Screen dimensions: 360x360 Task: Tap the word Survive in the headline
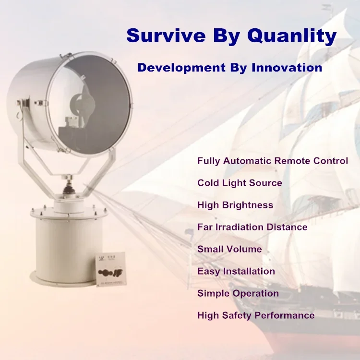click(x=166, y=36)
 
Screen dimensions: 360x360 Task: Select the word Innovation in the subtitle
click(x=287, y=68)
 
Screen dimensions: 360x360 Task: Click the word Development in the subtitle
click(x=181, y=68)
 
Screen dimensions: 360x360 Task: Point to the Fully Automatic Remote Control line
click(x=273, y=161)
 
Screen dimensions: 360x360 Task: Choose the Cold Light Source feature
click(x=240, y=183)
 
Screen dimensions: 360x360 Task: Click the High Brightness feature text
click(x=235, y=205)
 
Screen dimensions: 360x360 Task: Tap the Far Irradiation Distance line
click(x=252, y=227)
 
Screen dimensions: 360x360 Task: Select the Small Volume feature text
click(x=229, y=249)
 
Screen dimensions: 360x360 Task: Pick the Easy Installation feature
click(x=236, y=271)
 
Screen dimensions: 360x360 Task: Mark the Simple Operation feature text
click(x=238, y=293)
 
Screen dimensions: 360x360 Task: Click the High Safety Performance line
click(x=256, y=315)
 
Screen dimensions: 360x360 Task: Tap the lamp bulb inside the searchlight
click(x=82, y=105)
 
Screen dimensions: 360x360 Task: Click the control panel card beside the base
click(x=111, y=269)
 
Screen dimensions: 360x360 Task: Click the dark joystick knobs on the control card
click(x=111, y=273)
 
